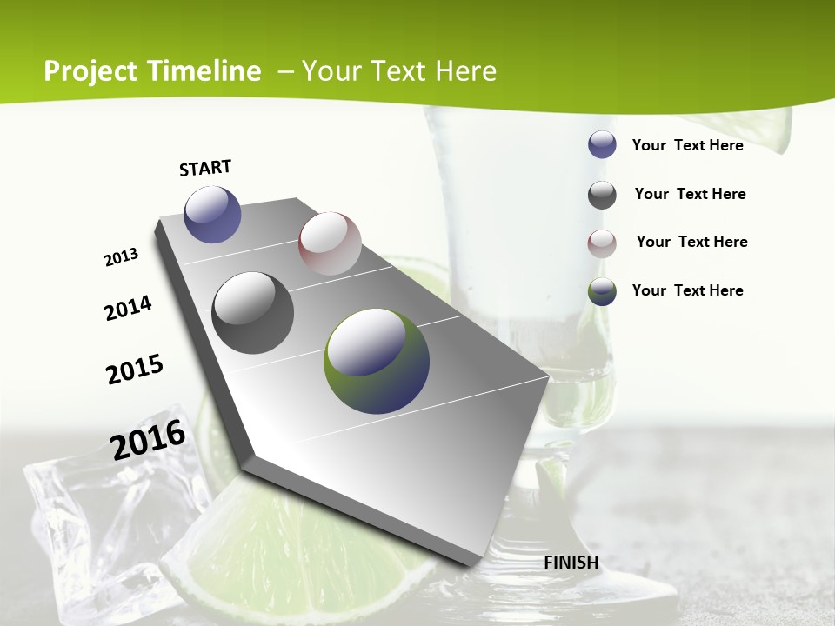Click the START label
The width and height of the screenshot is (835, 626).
coord(205,168)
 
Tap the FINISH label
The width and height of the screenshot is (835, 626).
coord(571,562)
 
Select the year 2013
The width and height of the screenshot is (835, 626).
coord(122,257)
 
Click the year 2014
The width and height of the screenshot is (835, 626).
coord(128,309)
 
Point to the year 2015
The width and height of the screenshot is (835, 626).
coord(135,369)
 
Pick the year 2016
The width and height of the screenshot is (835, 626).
coord(148,440)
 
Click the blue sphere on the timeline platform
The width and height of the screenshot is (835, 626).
coord(212,214)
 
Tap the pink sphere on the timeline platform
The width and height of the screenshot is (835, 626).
coord(330,243)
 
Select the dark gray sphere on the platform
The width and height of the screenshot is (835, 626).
coord(252,312)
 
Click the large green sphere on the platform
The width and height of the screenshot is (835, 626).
coord(377,360)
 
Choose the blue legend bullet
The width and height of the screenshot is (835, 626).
coord(602,144)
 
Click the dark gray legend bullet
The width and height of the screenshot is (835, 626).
coord(602,195)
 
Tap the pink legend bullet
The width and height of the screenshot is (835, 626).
coord(602,243)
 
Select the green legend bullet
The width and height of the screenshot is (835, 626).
coord(602,291)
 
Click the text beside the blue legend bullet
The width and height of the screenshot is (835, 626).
coord(687,145)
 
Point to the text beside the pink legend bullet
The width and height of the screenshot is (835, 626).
coord(691,242)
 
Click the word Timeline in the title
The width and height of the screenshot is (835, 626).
coord(204,71)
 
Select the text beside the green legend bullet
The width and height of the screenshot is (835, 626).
coord(687,290)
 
